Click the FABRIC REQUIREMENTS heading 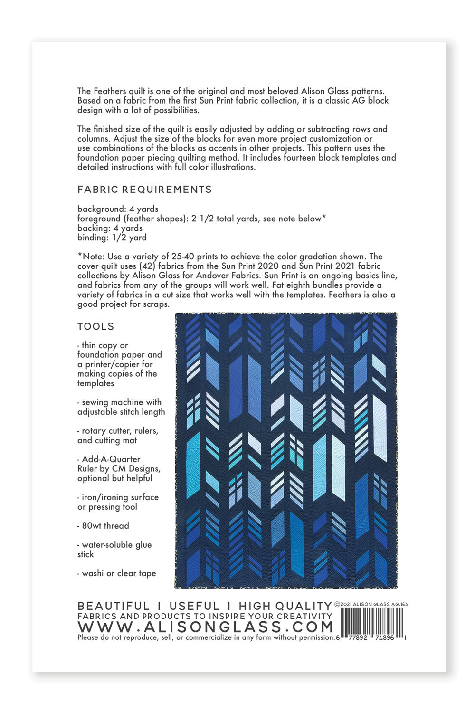tap(144, 190)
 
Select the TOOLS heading tap(96, 327)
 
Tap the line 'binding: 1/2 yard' tap(112, 238)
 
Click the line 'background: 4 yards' tap(118, 209)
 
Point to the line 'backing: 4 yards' tap(110, 228)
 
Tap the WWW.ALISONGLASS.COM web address tap(205, 627)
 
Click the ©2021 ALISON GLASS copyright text tap(371, 604)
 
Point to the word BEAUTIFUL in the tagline tap(113, 606)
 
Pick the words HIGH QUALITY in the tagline tap(285, 606)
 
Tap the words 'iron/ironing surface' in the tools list tap(120, 497)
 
